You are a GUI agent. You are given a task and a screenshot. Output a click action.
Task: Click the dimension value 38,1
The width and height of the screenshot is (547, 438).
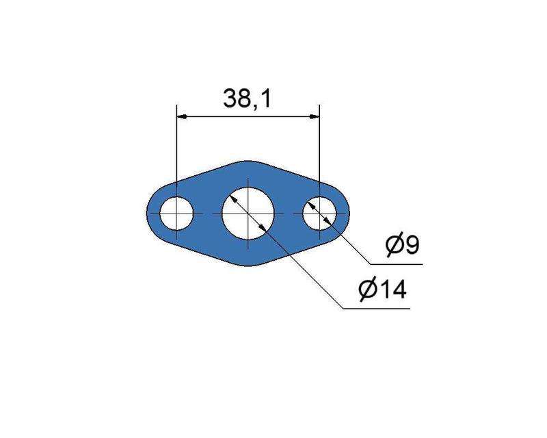(248, 99)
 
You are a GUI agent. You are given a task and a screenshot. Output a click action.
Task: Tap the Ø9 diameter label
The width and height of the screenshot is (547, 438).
(402, 245)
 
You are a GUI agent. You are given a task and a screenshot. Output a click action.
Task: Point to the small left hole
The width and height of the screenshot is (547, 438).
(176, 214)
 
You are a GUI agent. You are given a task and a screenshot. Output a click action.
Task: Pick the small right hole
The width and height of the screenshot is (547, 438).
(319, 213)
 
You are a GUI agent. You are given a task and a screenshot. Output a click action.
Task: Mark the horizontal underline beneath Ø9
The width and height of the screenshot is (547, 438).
(397, 263)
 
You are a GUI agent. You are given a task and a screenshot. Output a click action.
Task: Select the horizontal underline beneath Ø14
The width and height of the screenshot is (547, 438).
(376, 309)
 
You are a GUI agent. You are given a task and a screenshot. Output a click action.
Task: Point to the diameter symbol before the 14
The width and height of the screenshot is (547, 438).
(367, 290)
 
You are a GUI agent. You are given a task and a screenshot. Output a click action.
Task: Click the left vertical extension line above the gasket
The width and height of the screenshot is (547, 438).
(176, 144)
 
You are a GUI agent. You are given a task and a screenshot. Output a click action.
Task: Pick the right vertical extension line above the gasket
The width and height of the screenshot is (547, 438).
(320, 144)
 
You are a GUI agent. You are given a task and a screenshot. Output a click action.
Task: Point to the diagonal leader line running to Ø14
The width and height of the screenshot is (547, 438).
(308, 274)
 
